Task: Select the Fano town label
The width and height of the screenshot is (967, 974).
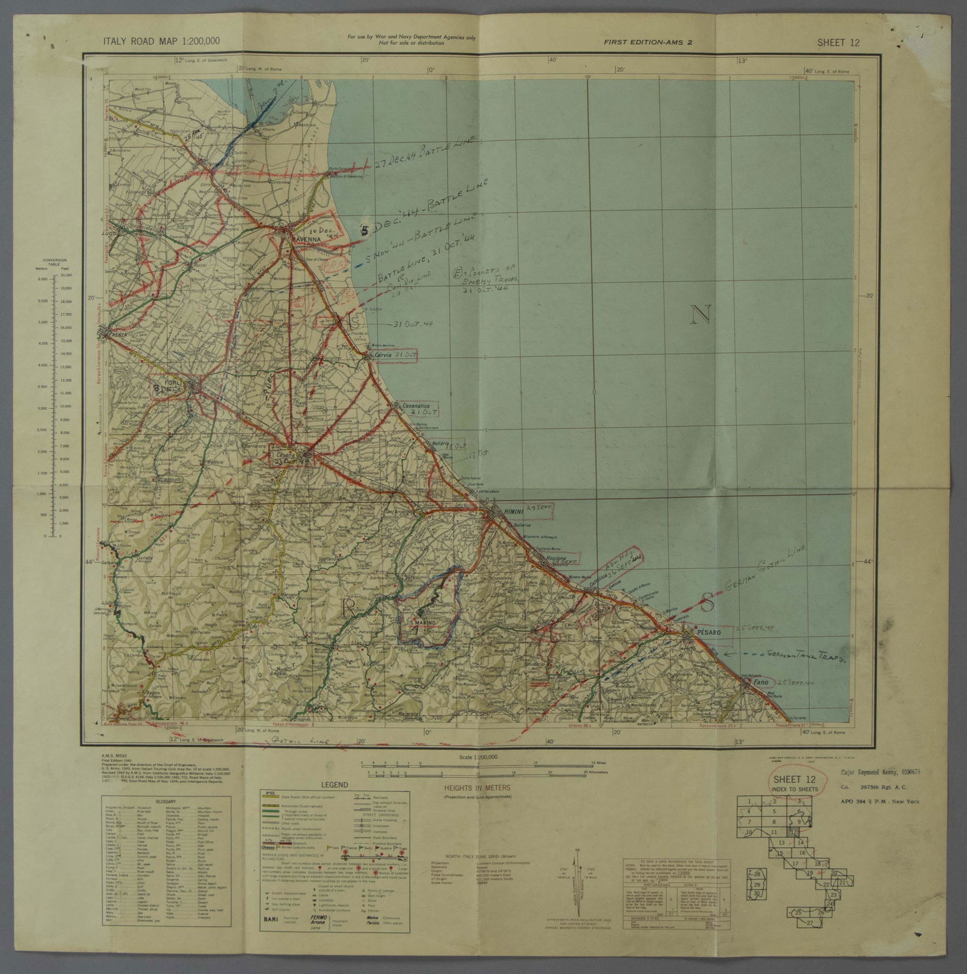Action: [x=761, y=683]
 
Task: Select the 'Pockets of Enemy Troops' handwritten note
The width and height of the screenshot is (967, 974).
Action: [x=487, y=278]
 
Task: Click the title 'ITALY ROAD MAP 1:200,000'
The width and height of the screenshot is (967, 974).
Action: [x=161, y=41]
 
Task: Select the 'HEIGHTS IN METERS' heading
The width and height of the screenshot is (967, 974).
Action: [x=477, y=788]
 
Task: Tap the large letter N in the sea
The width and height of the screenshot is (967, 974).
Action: [x=700, y=314]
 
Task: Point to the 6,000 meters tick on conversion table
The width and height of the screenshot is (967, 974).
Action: [x=51, y=279]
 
